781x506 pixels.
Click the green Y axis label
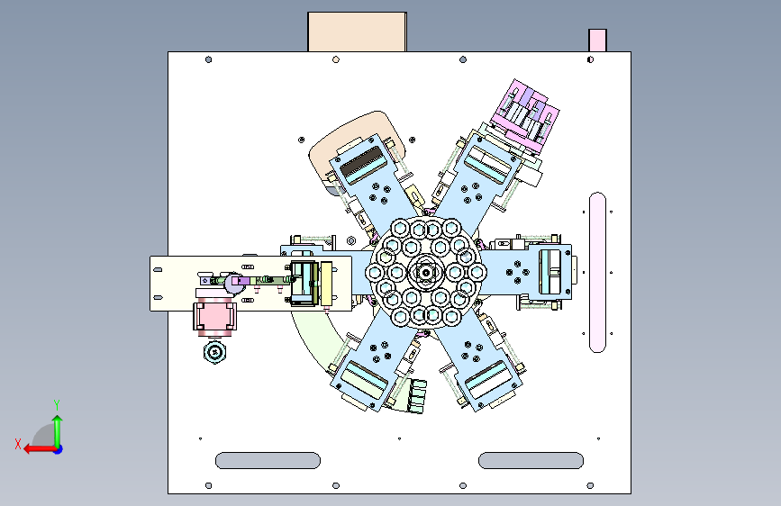coord(57,404)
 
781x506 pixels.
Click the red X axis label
coord(18,444)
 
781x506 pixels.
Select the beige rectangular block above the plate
coord(357,32)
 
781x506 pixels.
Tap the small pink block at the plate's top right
coord(598,41)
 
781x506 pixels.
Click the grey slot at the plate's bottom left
coord(268,461)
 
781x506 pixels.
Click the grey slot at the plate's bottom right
coord(531,461)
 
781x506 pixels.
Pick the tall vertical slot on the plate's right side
coord(598,273)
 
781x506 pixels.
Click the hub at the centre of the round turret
coord(426,273)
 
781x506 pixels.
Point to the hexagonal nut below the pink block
coord(215,353)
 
